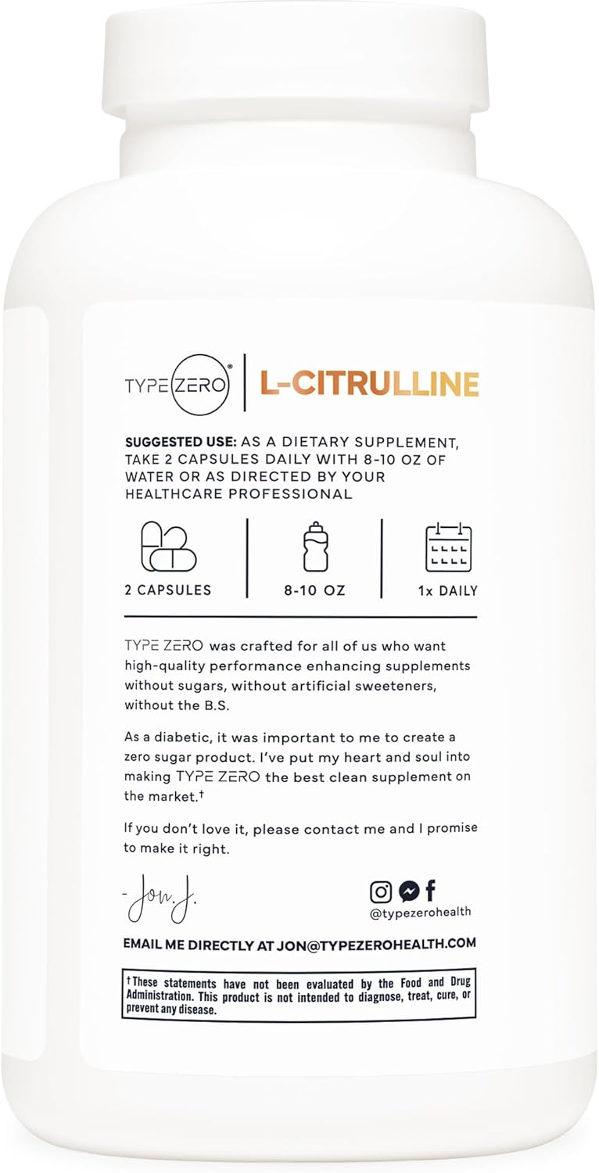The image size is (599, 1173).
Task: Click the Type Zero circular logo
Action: [x=199, y=384]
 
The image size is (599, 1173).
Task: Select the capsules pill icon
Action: [x=167, y=547]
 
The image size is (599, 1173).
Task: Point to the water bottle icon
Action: [x=315, y=545]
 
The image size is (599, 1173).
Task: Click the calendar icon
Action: [x=448, y=547]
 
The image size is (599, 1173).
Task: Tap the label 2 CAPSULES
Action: [x=167, y=590]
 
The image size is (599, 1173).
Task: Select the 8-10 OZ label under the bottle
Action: [x=315, y=590]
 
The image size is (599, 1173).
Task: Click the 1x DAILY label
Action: [x=447, y=590]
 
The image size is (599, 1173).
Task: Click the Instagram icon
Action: [x=381, y=891]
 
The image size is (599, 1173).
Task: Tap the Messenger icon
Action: [x=408, y=891]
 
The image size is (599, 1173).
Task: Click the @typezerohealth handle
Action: [x=421, y=912]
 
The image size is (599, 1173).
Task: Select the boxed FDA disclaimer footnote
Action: [x=299, y=994]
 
